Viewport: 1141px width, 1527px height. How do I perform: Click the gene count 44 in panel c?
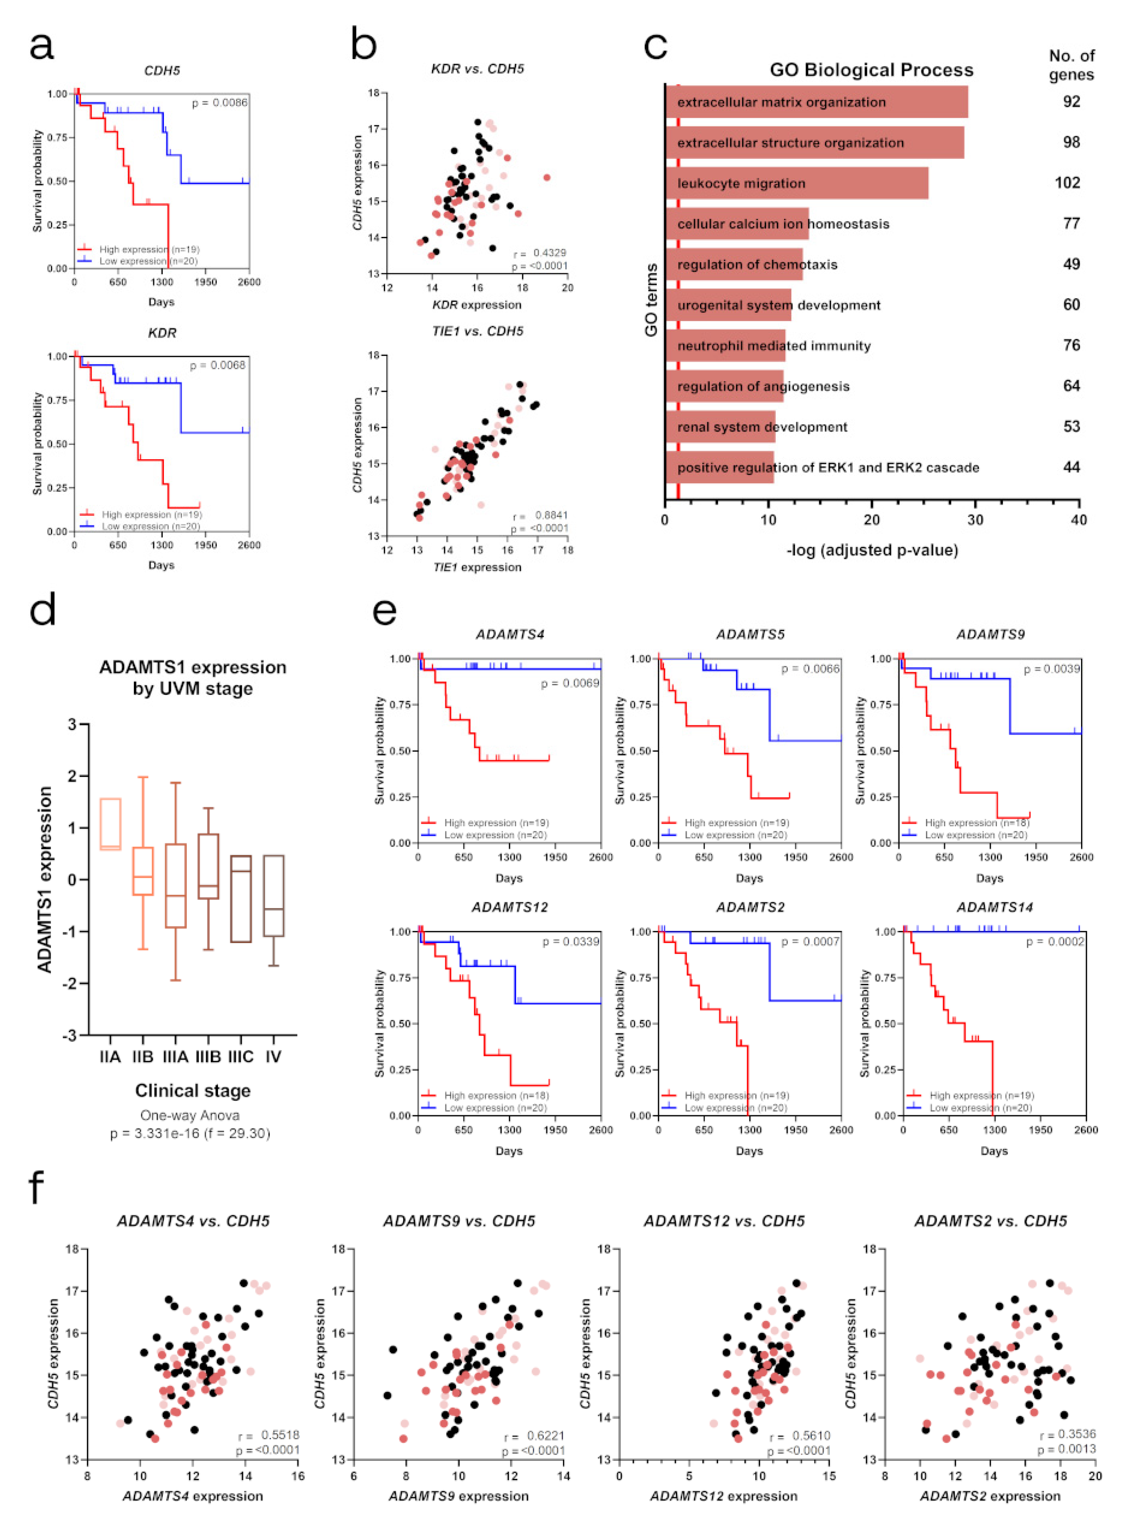coord(1071,467)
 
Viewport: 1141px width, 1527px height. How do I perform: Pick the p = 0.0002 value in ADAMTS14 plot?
coord(1055,942)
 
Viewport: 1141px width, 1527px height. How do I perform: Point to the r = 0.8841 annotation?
coord(540,516)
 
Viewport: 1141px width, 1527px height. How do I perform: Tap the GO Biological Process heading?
coord(872,70)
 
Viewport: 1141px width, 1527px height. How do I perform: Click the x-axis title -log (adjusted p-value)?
coord(872,550)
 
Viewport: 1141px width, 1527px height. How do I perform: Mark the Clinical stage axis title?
coord(193,1091)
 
